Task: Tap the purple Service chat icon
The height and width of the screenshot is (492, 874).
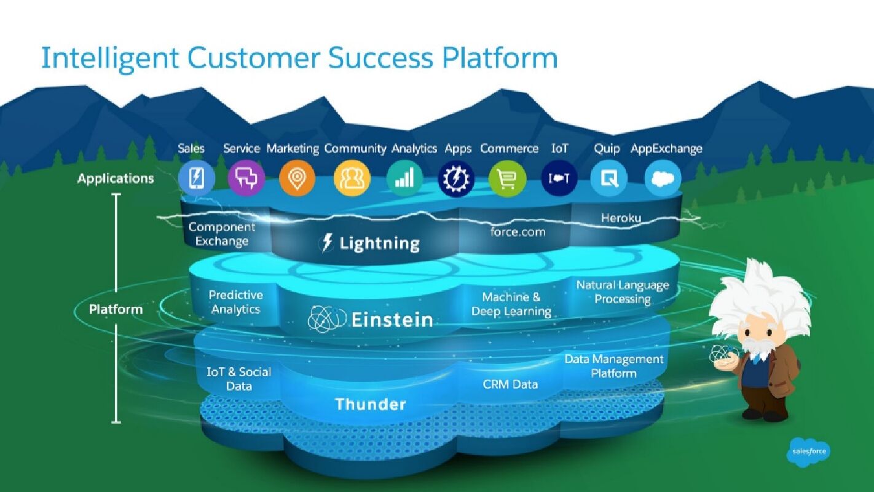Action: tap(246, 179)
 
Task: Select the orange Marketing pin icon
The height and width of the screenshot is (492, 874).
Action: tap(297, 179)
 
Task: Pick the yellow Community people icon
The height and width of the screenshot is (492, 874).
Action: tap(352, 179)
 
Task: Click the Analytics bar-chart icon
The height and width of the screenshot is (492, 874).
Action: tap(404, 179)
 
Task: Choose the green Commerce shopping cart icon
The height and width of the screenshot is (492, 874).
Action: tap(508, 179)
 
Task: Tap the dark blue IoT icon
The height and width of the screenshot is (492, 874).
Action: tap(559, 179)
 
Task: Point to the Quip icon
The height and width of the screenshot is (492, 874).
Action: tap(608, 179)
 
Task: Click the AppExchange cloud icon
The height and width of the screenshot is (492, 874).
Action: tap(663, 179)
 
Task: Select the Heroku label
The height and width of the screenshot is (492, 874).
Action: tap(621, 218)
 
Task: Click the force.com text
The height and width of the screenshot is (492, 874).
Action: tap(518, 232)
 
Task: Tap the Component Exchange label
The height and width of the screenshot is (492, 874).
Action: tap(222, 234)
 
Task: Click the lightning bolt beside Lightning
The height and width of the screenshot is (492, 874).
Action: tap(328, 244)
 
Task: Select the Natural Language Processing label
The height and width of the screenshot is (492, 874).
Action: tap(623, 292)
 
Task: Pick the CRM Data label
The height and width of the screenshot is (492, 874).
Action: tap(510, 384)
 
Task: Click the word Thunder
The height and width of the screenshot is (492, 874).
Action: tap(371, 404)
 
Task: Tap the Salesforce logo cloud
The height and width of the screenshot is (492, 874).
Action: tap(808, 452)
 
